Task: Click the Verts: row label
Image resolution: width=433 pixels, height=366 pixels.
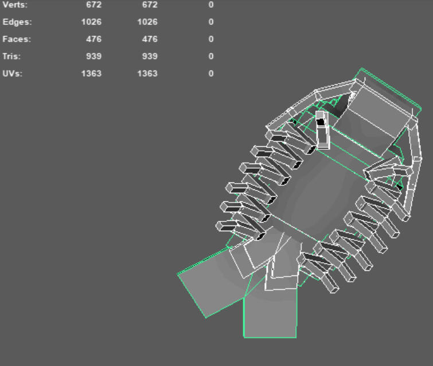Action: coord(15,5)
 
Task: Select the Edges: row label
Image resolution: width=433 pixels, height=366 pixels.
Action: coord(17,22)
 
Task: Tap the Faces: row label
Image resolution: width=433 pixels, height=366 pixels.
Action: coord(17,39)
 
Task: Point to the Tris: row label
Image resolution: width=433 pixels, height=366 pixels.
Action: coord(11,56)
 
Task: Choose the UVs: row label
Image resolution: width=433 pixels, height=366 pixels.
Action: coord(12,73)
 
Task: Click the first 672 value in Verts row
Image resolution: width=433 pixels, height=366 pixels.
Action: coord(93,5)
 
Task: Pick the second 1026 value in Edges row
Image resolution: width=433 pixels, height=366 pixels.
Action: coord(147,22)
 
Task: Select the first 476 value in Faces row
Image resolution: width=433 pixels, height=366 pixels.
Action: coord(93,39)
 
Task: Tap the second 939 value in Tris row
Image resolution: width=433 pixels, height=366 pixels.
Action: coord(150,56)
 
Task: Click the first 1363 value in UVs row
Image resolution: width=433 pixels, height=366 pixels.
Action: coord(91,73)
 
